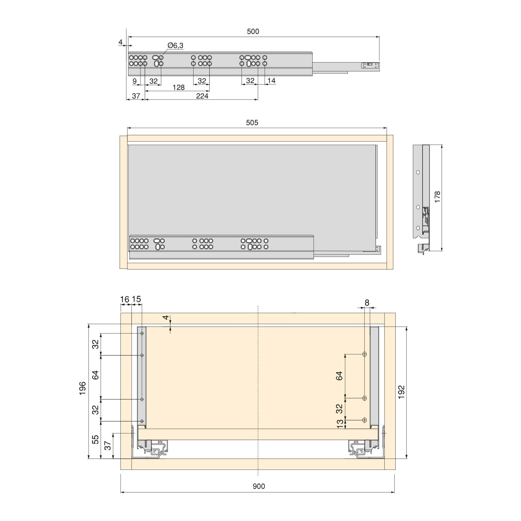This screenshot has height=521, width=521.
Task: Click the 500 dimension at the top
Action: (x=253, y=32)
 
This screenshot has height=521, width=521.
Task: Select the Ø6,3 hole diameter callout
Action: (x=175, y=46)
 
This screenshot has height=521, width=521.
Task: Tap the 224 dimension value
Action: (x=202, y=96)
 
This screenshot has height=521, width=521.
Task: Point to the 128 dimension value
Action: (x=178, y=88)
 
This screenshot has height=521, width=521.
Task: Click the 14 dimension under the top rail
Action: (x=271, y=81)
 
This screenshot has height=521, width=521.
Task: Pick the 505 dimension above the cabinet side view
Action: (x=252, y=123)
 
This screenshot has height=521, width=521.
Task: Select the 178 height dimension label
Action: (x=437, y=197)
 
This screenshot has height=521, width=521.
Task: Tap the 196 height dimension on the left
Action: (x=83, y=388)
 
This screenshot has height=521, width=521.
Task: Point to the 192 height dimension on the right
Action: (x=401, y=392)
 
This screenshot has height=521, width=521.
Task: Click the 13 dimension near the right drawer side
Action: (x=340, y=424)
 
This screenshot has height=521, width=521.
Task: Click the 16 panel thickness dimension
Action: (x=125, y=299)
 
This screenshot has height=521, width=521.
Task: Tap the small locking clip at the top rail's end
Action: (x=370, y=65)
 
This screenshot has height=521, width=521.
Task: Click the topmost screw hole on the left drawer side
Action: (x=142, y=334)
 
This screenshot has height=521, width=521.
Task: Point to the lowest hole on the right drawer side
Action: (x=365, y=420)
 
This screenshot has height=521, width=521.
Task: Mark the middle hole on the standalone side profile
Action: (x=418, y=207)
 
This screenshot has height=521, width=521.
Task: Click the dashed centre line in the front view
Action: (x=258, y=391)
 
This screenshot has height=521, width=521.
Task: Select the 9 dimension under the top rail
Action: (x=135, y=81)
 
